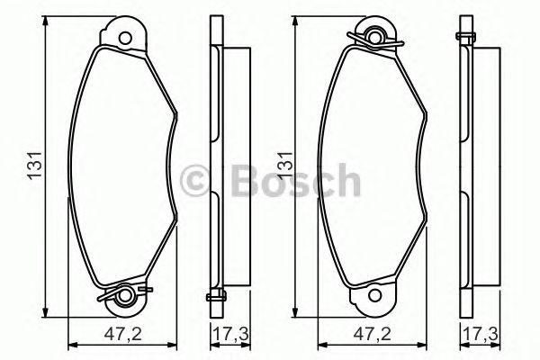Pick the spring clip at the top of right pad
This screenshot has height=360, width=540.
(377, 37)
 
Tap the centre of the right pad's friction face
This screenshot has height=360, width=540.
(372, 166)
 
